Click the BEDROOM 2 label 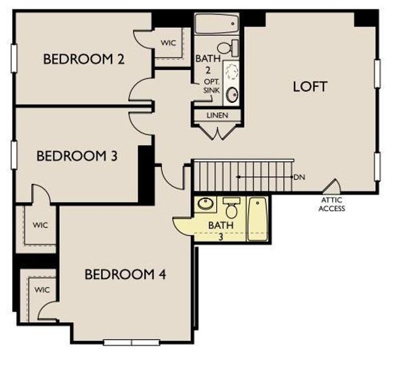(x=83, y=59)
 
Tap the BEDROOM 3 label (x=77, y=155)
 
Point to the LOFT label (x=310, y=87)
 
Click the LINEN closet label (x=218, y=116)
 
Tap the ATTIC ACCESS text (x=332, y=204)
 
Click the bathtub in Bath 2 (x=216, y=24)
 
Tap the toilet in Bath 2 (x=228, y=47)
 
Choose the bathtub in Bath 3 (x=257, y=219)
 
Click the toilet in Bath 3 (x=231, y=208)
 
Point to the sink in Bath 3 (x=206, y=205)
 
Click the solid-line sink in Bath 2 (x=231, y=95)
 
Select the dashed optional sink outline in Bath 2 (x=231, y=71)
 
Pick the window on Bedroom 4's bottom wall (x=131, y=342)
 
